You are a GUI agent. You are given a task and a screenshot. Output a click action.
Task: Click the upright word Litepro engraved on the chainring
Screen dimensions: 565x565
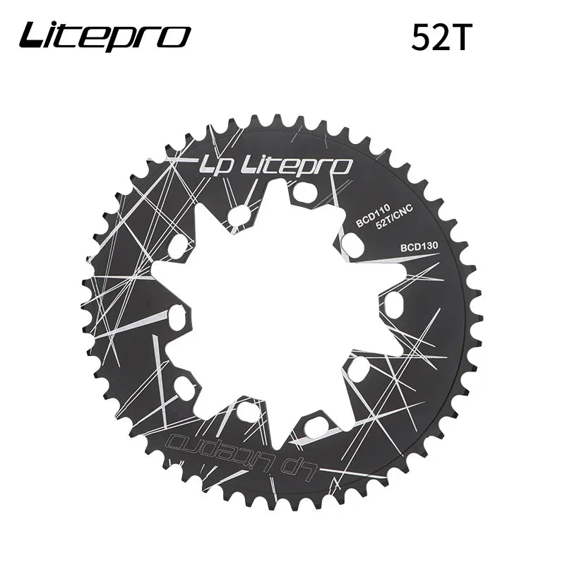point(297,166)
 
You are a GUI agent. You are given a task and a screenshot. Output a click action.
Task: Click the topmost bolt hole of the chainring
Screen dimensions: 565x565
point(305,192)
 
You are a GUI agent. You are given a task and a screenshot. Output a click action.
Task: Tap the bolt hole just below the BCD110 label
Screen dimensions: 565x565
point(352,244)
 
